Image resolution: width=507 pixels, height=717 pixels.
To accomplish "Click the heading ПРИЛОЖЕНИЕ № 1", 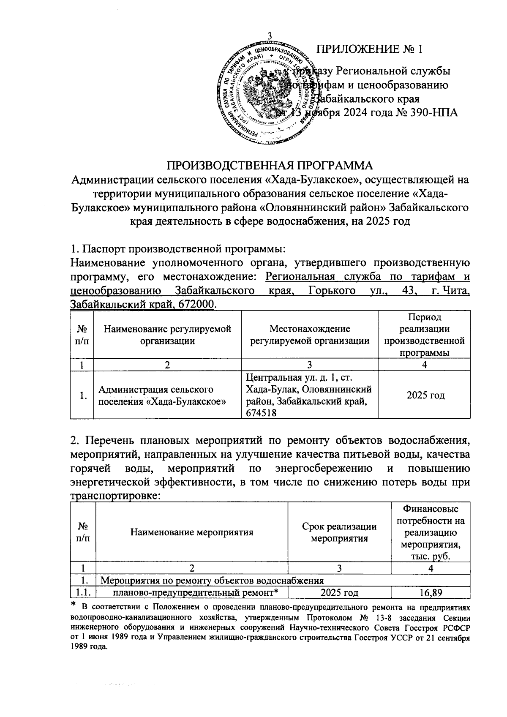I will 370,49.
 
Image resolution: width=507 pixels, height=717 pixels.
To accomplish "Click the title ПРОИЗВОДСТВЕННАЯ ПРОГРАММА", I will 270,165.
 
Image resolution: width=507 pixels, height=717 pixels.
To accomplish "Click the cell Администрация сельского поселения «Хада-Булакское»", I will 162,395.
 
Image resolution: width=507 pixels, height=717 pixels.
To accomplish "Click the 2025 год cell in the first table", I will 425,395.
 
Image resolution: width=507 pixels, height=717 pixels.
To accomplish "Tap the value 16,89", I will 430,593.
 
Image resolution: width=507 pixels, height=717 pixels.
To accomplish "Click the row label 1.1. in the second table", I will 83,593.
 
